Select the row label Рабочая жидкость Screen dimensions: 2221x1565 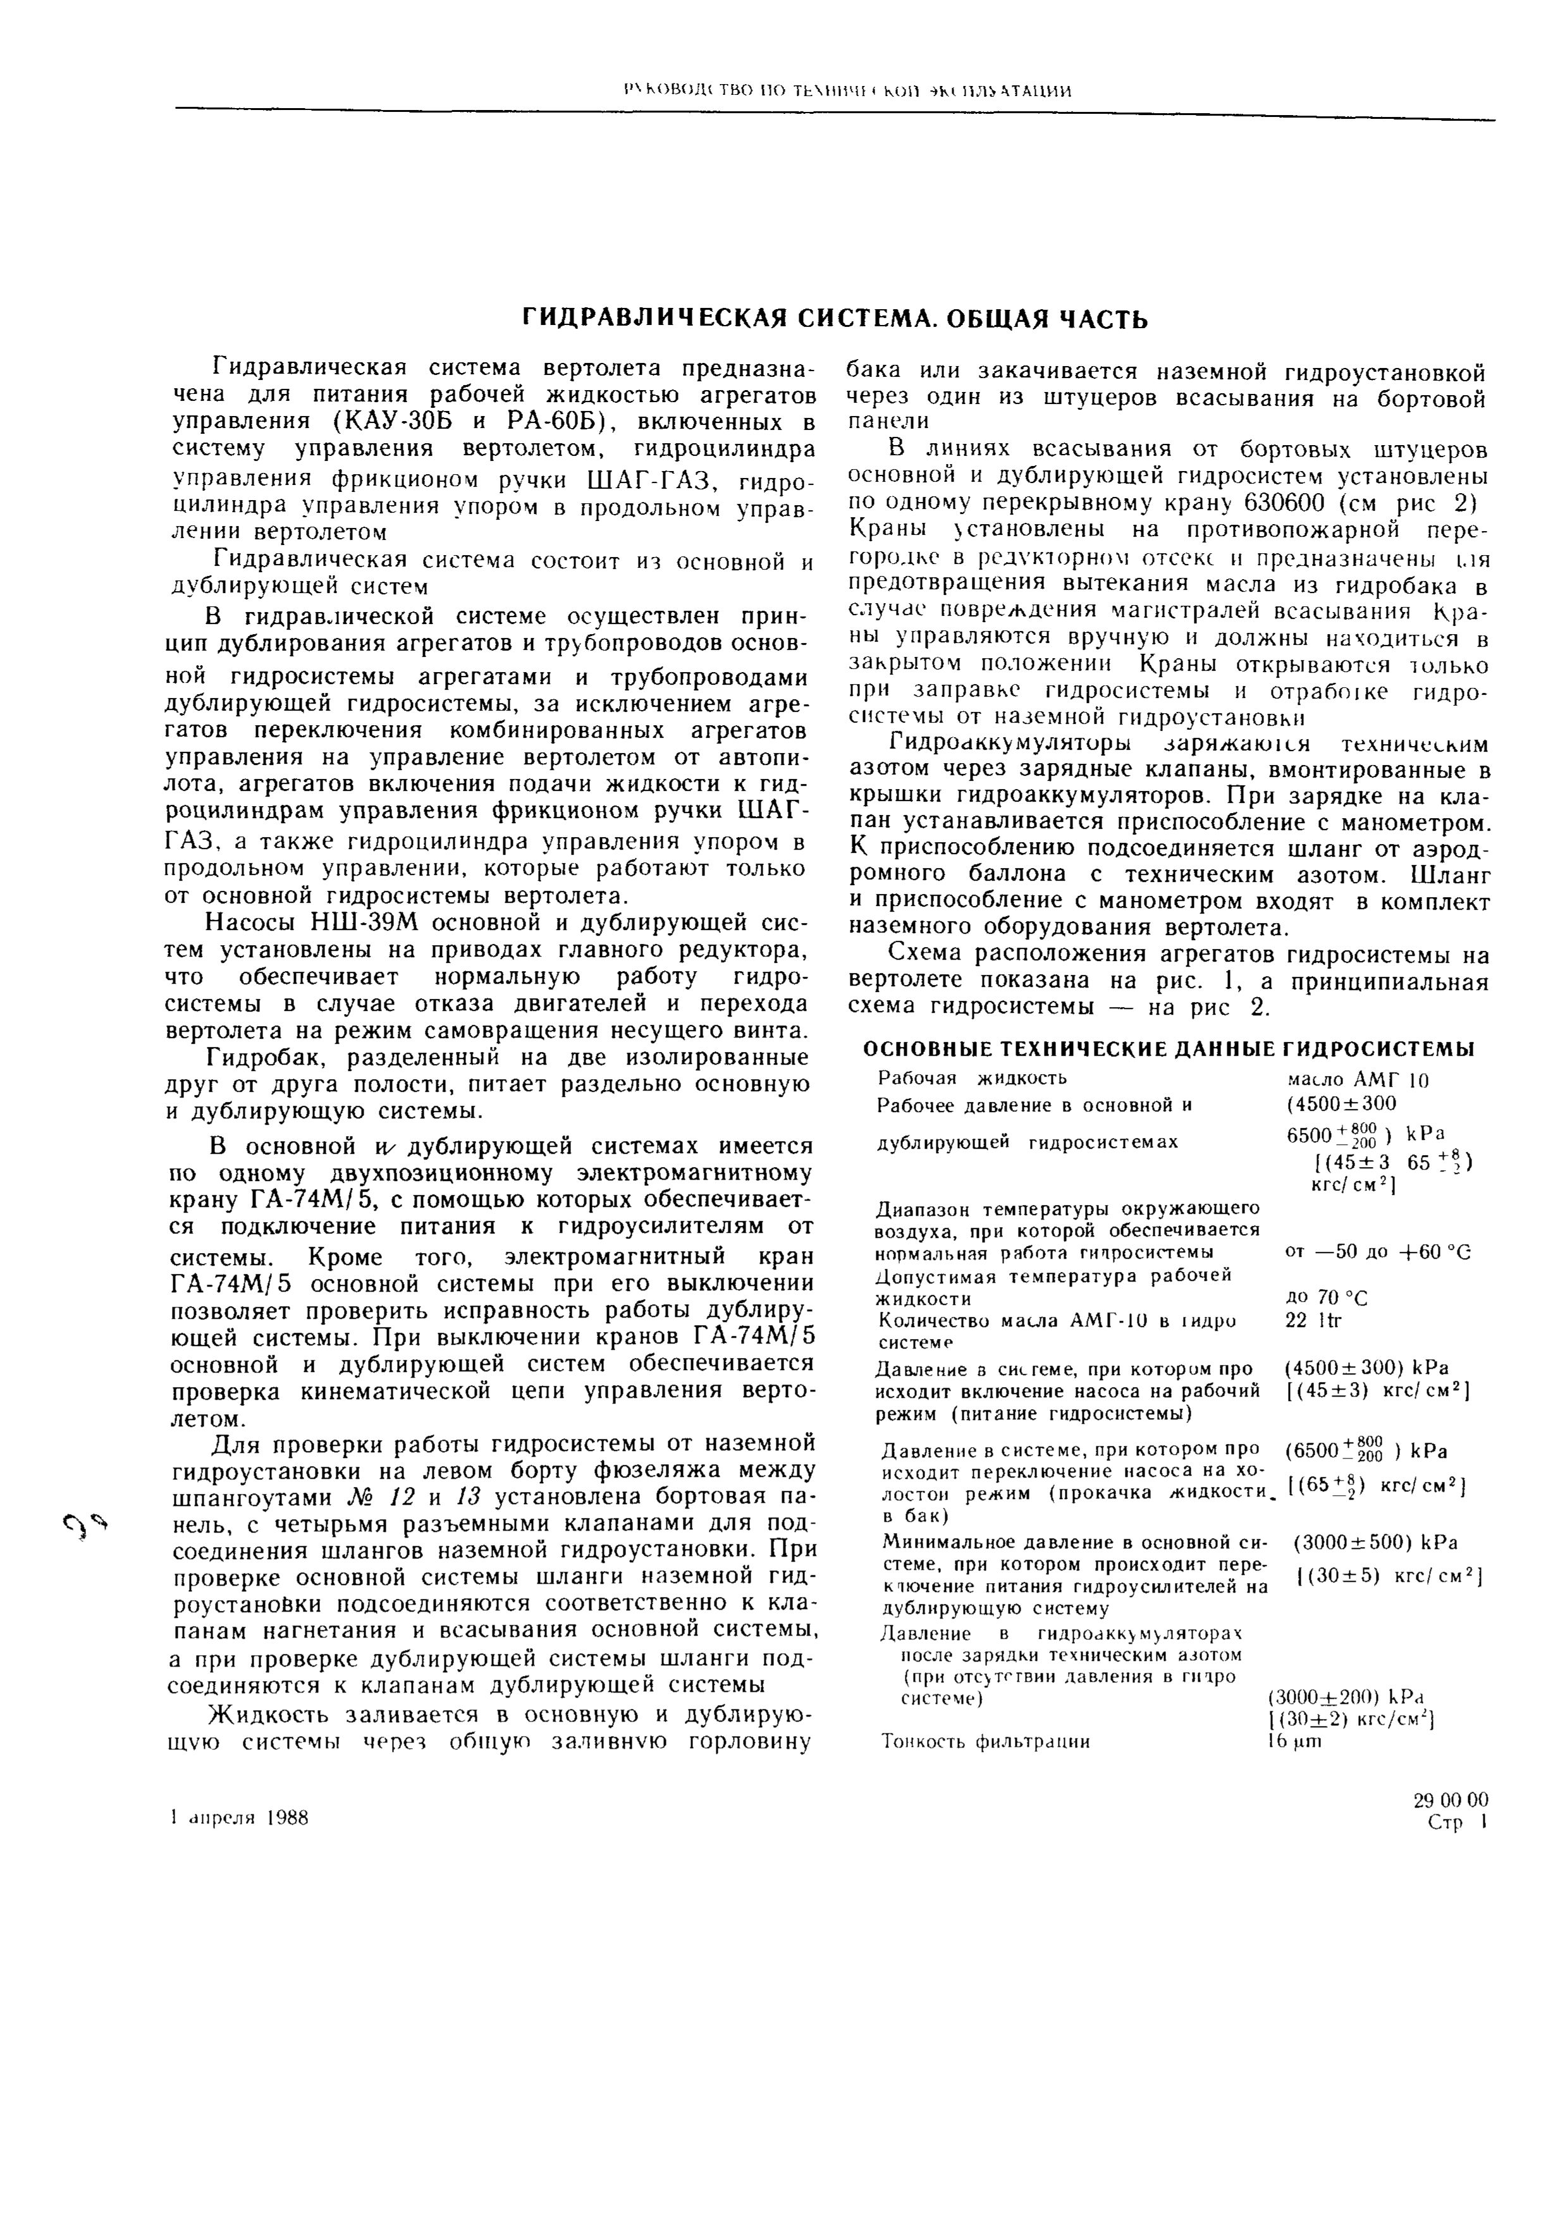(971, 1077)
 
